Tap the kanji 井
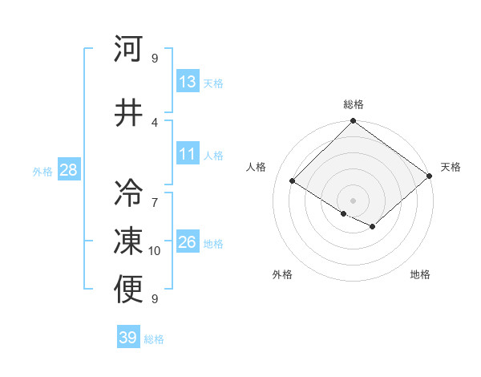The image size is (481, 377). click(129, 111)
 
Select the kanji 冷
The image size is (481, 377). click(129, 193)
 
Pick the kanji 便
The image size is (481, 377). click(129, 290)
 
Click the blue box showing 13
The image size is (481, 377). click(188, 82)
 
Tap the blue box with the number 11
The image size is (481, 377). click(188, 155)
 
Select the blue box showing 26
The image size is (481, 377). click(188, 242)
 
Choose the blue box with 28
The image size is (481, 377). click(68, 170)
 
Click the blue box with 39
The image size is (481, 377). click(128, 338)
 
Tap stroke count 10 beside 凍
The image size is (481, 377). click(155, 251)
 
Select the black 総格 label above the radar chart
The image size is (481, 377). click(353, 104)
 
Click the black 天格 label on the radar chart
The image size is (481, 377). click(451, 167)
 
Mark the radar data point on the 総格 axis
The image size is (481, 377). click(353, 122)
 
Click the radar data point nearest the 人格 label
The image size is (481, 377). click(293, 181)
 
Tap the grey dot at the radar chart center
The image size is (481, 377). click(353, 201)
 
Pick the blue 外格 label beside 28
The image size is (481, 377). click(42, 171)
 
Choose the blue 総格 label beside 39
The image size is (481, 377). click(154, 339)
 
